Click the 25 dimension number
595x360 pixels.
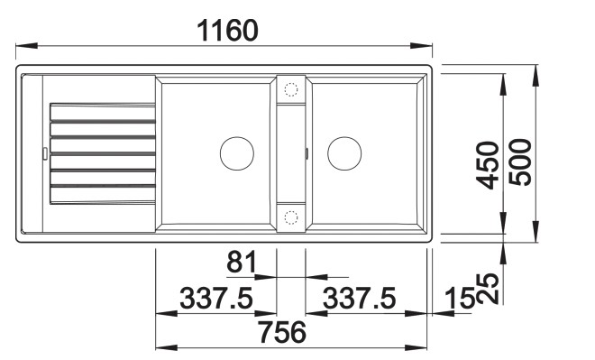(x=489, y=287)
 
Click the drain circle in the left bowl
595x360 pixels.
(x=237, y=152)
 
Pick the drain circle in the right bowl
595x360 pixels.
(x=344, y=152)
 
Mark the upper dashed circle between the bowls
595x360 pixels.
(x=291, y=88)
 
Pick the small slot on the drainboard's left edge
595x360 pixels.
(x=43, y=152)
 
